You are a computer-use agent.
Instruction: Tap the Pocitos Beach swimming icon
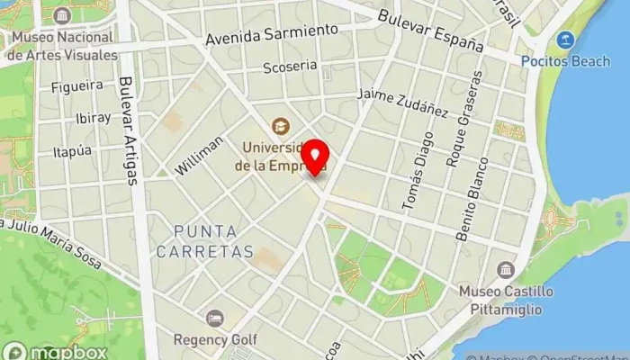click(x=565, y=40)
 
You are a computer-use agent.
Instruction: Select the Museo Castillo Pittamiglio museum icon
click(x=505, y=270)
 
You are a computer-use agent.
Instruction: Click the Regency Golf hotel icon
click(x=215, y=319)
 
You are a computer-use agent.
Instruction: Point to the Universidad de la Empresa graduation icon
click(x=282, y=125)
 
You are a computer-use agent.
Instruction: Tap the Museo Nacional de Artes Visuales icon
click(x=62, y=16)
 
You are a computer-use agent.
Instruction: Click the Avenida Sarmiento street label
click(x=272, y=35)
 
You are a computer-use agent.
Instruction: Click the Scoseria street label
click(x=290, y=67)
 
